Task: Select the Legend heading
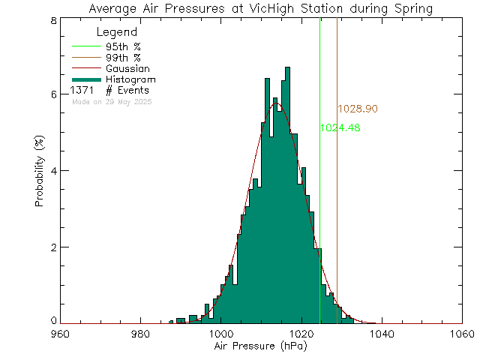coord(117,32)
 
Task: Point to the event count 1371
coord(82,91)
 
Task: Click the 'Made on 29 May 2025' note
coord(112,101)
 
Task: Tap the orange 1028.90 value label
coord(357,109)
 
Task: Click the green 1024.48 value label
coord(340,128)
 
